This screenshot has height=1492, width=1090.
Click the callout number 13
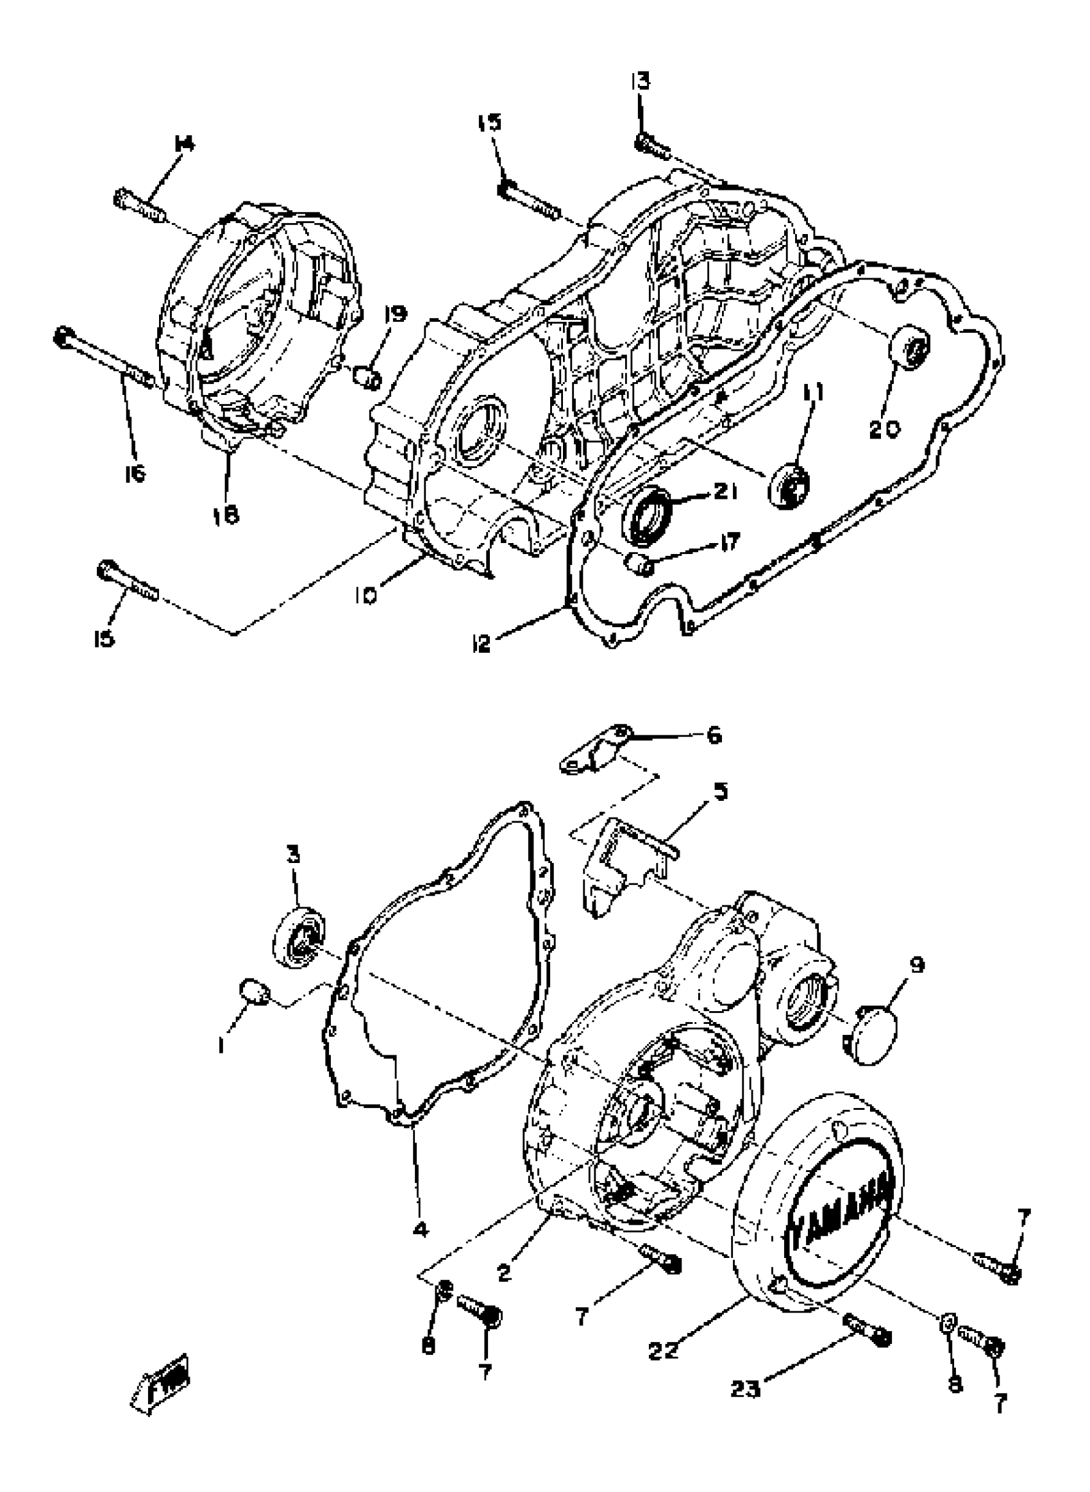point(639,82)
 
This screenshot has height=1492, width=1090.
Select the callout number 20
point(884,430)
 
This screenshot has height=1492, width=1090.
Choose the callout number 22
point(662,1350)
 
